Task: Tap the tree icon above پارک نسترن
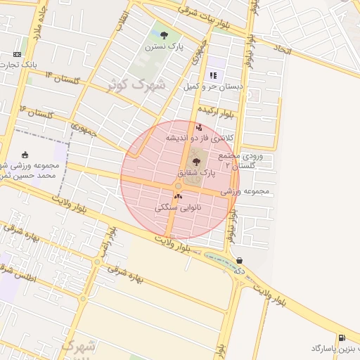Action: tap(164, 34)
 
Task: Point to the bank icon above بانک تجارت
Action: tap(17, 54)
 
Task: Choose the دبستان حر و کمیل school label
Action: tap(212, 86)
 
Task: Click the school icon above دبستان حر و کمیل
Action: tap(212, 75)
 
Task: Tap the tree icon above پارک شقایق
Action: tap(195, 162)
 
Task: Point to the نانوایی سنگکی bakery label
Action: tap(178, 207)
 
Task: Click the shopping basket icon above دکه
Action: tap(240, 259)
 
